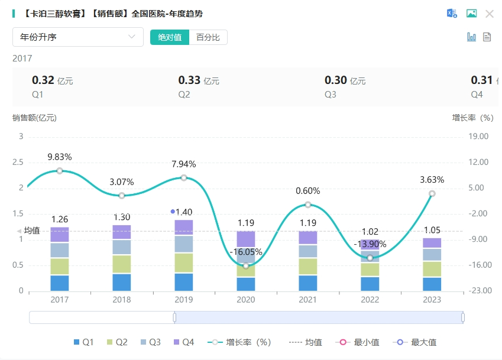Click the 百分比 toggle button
coord(208,37)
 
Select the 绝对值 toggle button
coord(170,37)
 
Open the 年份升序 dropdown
coord(78,37)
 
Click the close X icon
coord(490,14)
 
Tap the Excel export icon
coord(452,14)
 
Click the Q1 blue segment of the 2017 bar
coord(60,283)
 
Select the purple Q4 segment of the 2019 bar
coord(184,228)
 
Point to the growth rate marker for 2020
coord(246,265)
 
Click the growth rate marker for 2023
coord(432,194)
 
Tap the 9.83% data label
coord(60,157)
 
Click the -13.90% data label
coord(370,244)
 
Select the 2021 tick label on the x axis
coord(308,300)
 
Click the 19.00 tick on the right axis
coord(478,137)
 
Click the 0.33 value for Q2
coord(190,80)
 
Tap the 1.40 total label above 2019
coord(184,212)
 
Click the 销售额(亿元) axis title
coord(34,118)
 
